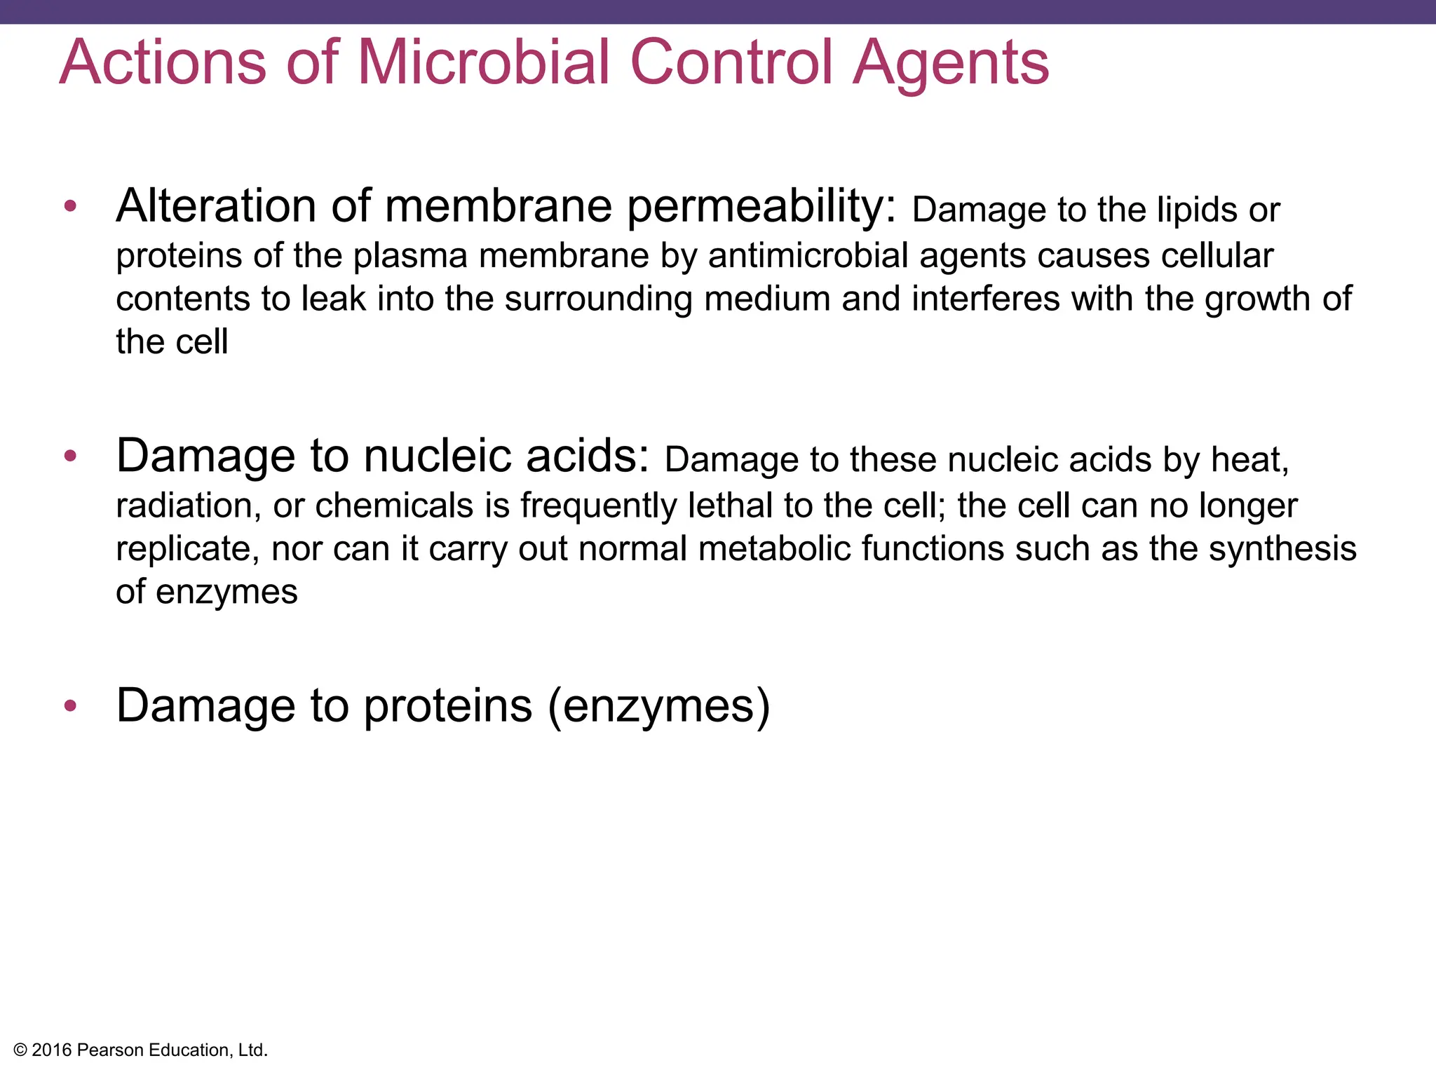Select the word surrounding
coord(598,300)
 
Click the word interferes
coord(986,299)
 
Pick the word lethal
coord(730,506)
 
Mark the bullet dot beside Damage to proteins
coord(70,705)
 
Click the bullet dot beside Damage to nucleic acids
coord(70,456)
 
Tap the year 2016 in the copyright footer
coord(52,1050)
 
